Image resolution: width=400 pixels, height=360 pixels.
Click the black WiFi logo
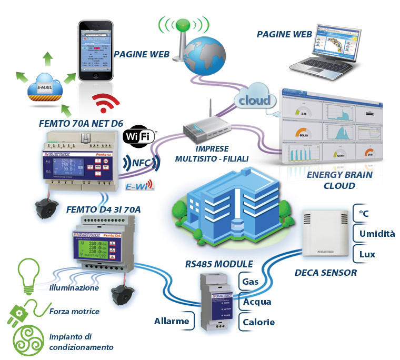click(139, 136)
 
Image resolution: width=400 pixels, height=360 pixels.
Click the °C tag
click(364, 214)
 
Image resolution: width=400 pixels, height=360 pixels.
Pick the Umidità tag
click(376, 234)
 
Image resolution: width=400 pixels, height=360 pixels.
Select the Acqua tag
click(256, 302)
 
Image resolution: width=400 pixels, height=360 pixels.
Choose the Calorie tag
click(258, 322)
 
